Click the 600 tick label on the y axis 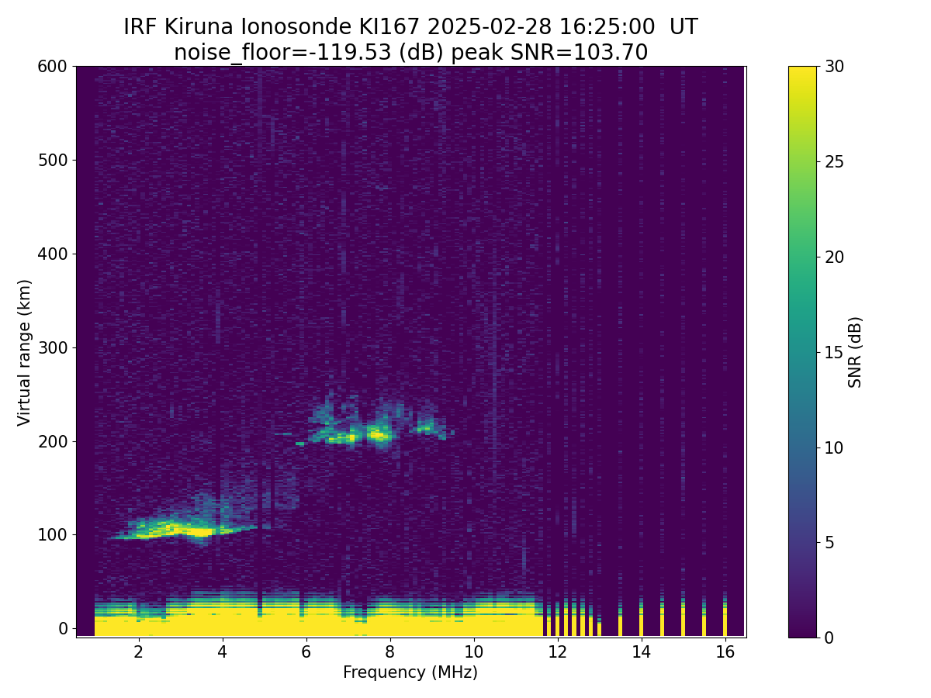52,67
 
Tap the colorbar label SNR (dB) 855,351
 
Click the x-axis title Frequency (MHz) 410,672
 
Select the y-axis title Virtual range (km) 25,351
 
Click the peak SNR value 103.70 615,53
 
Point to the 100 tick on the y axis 52,534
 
